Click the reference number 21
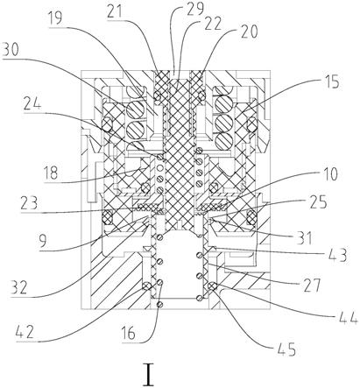116,12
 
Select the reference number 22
213,24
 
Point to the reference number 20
249,32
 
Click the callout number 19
55,19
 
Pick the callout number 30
11,51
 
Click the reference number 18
51,173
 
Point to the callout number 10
329,174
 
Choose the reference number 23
29,203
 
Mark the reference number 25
318,201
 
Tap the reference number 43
337,255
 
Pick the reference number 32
19,287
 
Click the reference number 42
25,332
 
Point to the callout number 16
129,333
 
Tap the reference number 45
286,349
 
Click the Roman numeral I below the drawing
149,375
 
